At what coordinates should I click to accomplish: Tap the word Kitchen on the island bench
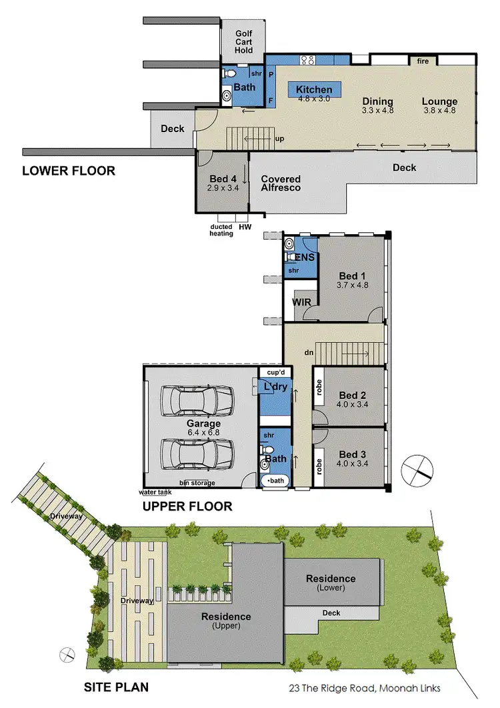(314, 89)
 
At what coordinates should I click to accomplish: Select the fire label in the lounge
(423, 61)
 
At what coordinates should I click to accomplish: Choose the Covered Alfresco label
(281, 184)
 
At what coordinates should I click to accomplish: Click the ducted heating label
(221, 230)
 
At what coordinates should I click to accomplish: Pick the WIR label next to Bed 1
(302, 302)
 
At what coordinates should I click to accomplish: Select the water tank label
(155, 492)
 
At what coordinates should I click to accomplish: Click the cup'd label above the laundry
(276, 372)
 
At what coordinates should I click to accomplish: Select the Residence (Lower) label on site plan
(330, 583)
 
